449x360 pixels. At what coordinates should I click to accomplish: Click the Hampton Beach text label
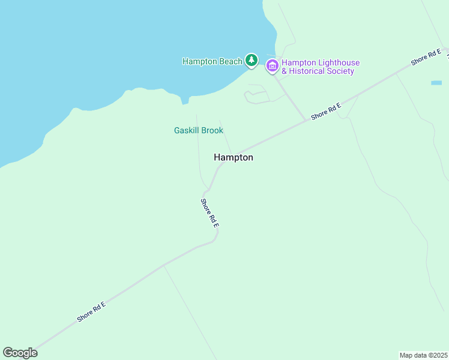click(x=212, y=61)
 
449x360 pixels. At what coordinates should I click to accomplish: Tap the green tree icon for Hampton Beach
click(x=252, y=61)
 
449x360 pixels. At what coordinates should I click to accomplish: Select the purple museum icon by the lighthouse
click(x=272, y=65)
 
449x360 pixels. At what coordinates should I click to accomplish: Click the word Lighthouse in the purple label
click(x=338, y=62)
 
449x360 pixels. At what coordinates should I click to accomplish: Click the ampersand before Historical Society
click(x=285, y=71)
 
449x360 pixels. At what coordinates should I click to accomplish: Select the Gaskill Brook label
click(x=199, y=130)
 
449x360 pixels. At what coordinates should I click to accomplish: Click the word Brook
click(x=212, y=130)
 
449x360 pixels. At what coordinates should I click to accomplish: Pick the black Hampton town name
click(x=234, y=157)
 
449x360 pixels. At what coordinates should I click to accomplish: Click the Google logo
click(x=20, y=353)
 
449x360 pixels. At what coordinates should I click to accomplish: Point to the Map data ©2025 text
click(x=424, y=355)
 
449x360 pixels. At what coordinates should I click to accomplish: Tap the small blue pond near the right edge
click(x=436, y=82)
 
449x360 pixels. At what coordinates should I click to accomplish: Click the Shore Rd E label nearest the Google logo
click(x=91, y=312)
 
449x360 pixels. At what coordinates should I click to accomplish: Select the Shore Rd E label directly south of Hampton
click(x=210, y=212)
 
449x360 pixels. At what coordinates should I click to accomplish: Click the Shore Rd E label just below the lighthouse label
click(x=326, y=111)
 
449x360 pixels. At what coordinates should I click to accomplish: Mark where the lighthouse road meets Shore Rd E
click(x=306, y=120)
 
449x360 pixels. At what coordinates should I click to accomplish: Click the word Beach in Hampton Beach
click(x=231, y=61)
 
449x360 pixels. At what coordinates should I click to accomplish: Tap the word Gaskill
click(x=186, y=130)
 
